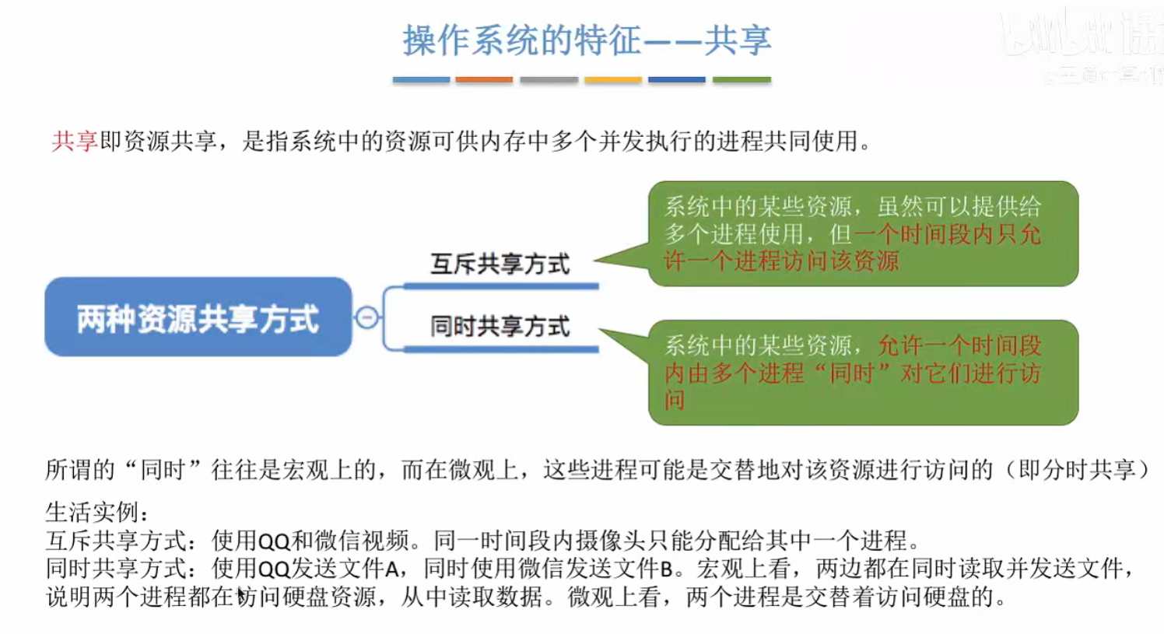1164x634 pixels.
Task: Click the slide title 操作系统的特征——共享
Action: (x=587, y=40)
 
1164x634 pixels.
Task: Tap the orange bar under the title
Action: (x=484, y=79)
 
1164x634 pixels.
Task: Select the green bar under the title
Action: (x=742, y=79)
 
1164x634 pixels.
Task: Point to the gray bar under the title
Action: (x=549, y=79)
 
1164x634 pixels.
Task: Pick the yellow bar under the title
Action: (x=613, y=79)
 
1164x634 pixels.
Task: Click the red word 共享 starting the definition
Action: (x=75, y=141)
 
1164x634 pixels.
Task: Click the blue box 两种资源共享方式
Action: (x=198, y=317)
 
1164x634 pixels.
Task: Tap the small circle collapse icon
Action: (x=366, y=317)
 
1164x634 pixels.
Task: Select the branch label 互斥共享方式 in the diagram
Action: (x=500, y=264)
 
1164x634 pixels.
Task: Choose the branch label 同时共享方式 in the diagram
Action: (x=500, y=327)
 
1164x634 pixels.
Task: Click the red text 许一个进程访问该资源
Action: (x=781, y=261)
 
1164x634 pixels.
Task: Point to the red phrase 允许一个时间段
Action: (x=959, y=345)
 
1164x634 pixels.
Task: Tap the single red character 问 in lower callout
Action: (x=675, y=400)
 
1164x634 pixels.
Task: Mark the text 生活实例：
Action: (x=96, y=512)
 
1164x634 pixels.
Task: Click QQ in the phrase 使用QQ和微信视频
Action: (x=273, y=541)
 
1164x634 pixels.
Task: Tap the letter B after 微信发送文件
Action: (x=666, y=569)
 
